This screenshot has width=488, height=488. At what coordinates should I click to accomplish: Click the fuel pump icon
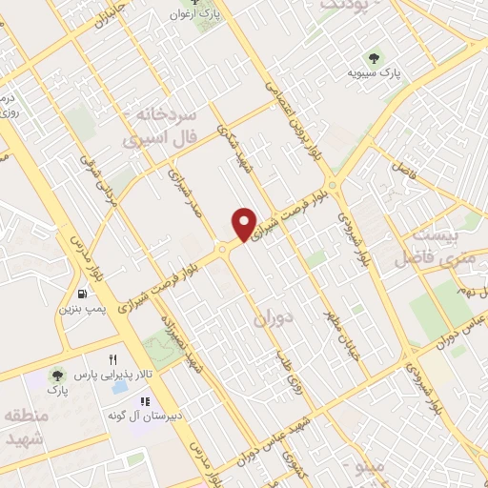pos(84,293)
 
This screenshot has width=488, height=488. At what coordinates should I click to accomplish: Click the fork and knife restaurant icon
pos(113,359)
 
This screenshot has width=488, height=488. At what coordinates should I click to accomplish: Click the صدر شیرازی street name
pos(181,194)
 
